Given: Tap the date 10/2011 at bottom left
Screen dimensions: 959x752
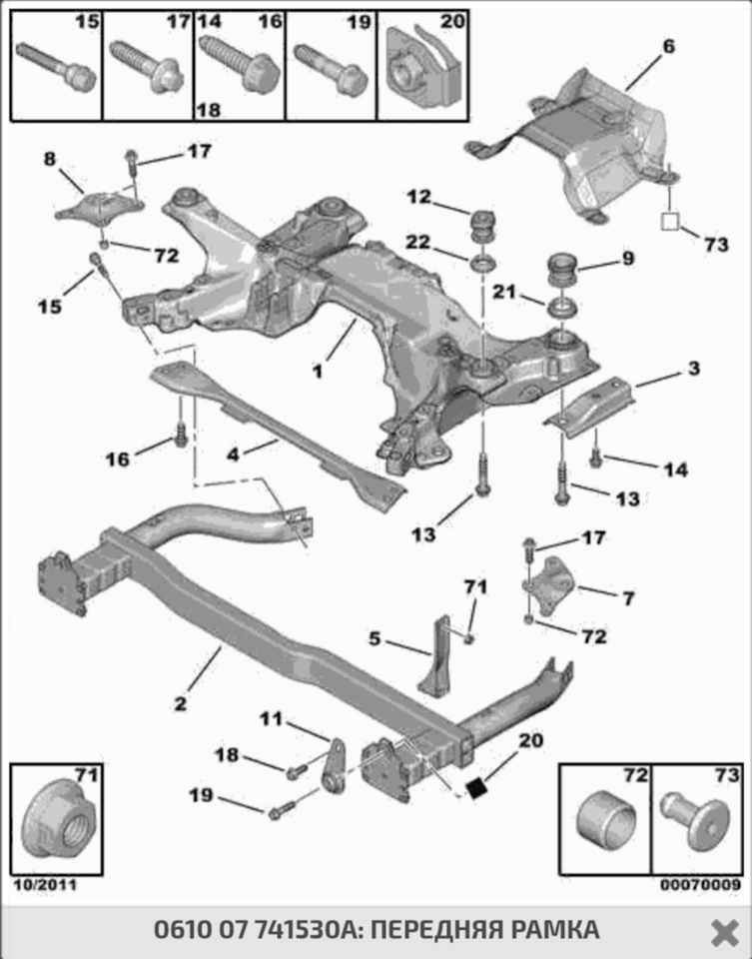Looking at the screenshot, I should click(44, 885).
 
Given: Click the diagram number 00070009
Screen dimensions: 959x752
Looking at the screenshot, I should click(700, 885).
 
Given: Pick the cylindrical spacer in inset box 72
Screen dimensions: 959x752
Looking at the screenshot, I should click(606, 821).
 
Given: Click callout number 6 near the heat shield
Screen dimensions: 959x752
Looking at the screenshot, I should click(668, 46).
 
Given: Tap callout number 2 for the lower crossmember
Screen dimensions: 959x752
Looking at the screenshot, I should click(180, 703).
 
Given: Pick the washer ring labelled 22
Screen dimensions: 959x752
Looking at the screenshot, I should click(483, 264).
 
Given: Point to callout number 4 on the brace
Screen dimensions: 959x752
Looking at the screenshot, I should click(232, 455).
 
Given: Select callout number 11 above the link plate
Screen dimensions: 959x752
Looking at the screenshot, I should click(273, 718).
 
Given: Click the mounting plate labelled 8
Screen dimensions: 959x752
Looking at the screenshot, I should click(98, 209).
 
